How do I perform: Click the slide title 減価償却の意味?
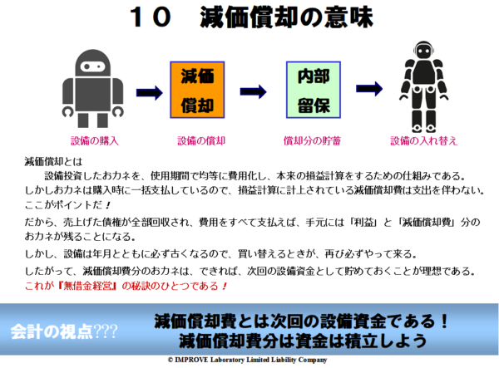click(286, 18)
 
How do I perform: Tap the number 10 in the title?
click(151, 18)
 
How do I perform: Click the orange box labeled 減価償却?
click(198, 90)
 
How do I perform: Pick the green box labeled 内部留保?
click(314, 90)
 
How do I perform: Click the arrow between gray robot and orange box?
click(150, 92)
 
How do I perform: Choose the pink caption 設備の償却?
click(198, 141)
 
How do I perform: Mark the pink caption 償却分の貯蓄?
click(311, 141)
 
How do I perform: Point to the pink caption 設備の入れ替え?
click(424, 141)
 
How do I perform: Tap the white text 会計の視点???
click(64, 330)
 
